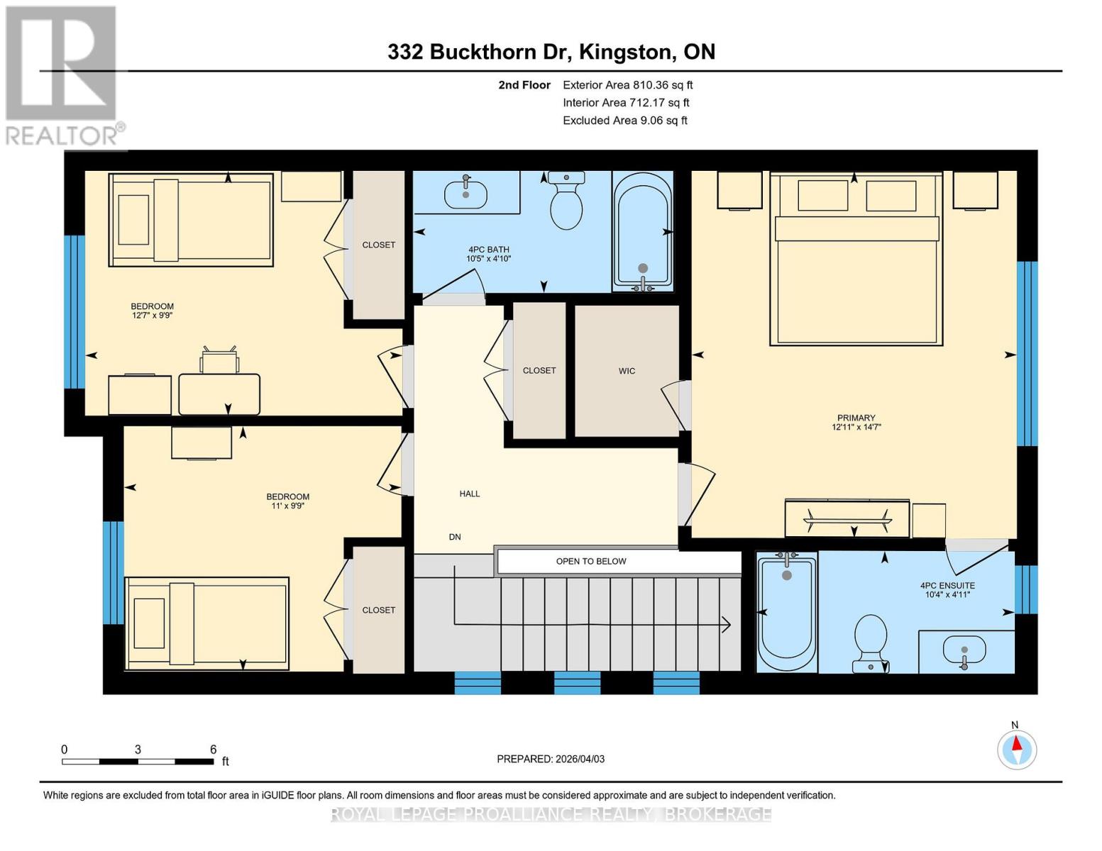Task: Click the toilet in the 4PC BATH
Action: tap(566, 201)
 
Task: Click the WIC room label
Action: tap(627, 371)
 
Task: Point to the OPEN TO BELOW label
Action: tap(591, 561)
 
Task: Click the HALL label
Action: tap(470, 494)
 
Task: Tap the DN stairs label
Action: tap(455, 537)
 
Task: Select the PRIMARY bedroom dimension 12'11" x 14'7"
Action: tap(856, 428)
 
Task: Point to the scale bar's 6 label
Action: tap(213, 749)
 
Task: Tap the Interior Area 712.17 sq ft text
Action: tap(626, 103)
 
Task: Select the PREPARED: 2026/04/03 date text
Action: tap(551, 759)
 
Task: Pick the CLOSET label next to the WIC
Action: tap(539, 370)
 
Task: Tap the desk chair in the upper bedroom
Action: tap(219, 360)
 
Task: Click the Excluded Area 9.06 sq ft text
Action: tap(624, 121)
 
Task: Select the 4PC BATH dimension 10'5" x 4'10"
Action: tap(488, 259)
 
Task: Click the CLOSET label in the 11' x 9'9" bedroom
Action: tap(378, 610)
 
